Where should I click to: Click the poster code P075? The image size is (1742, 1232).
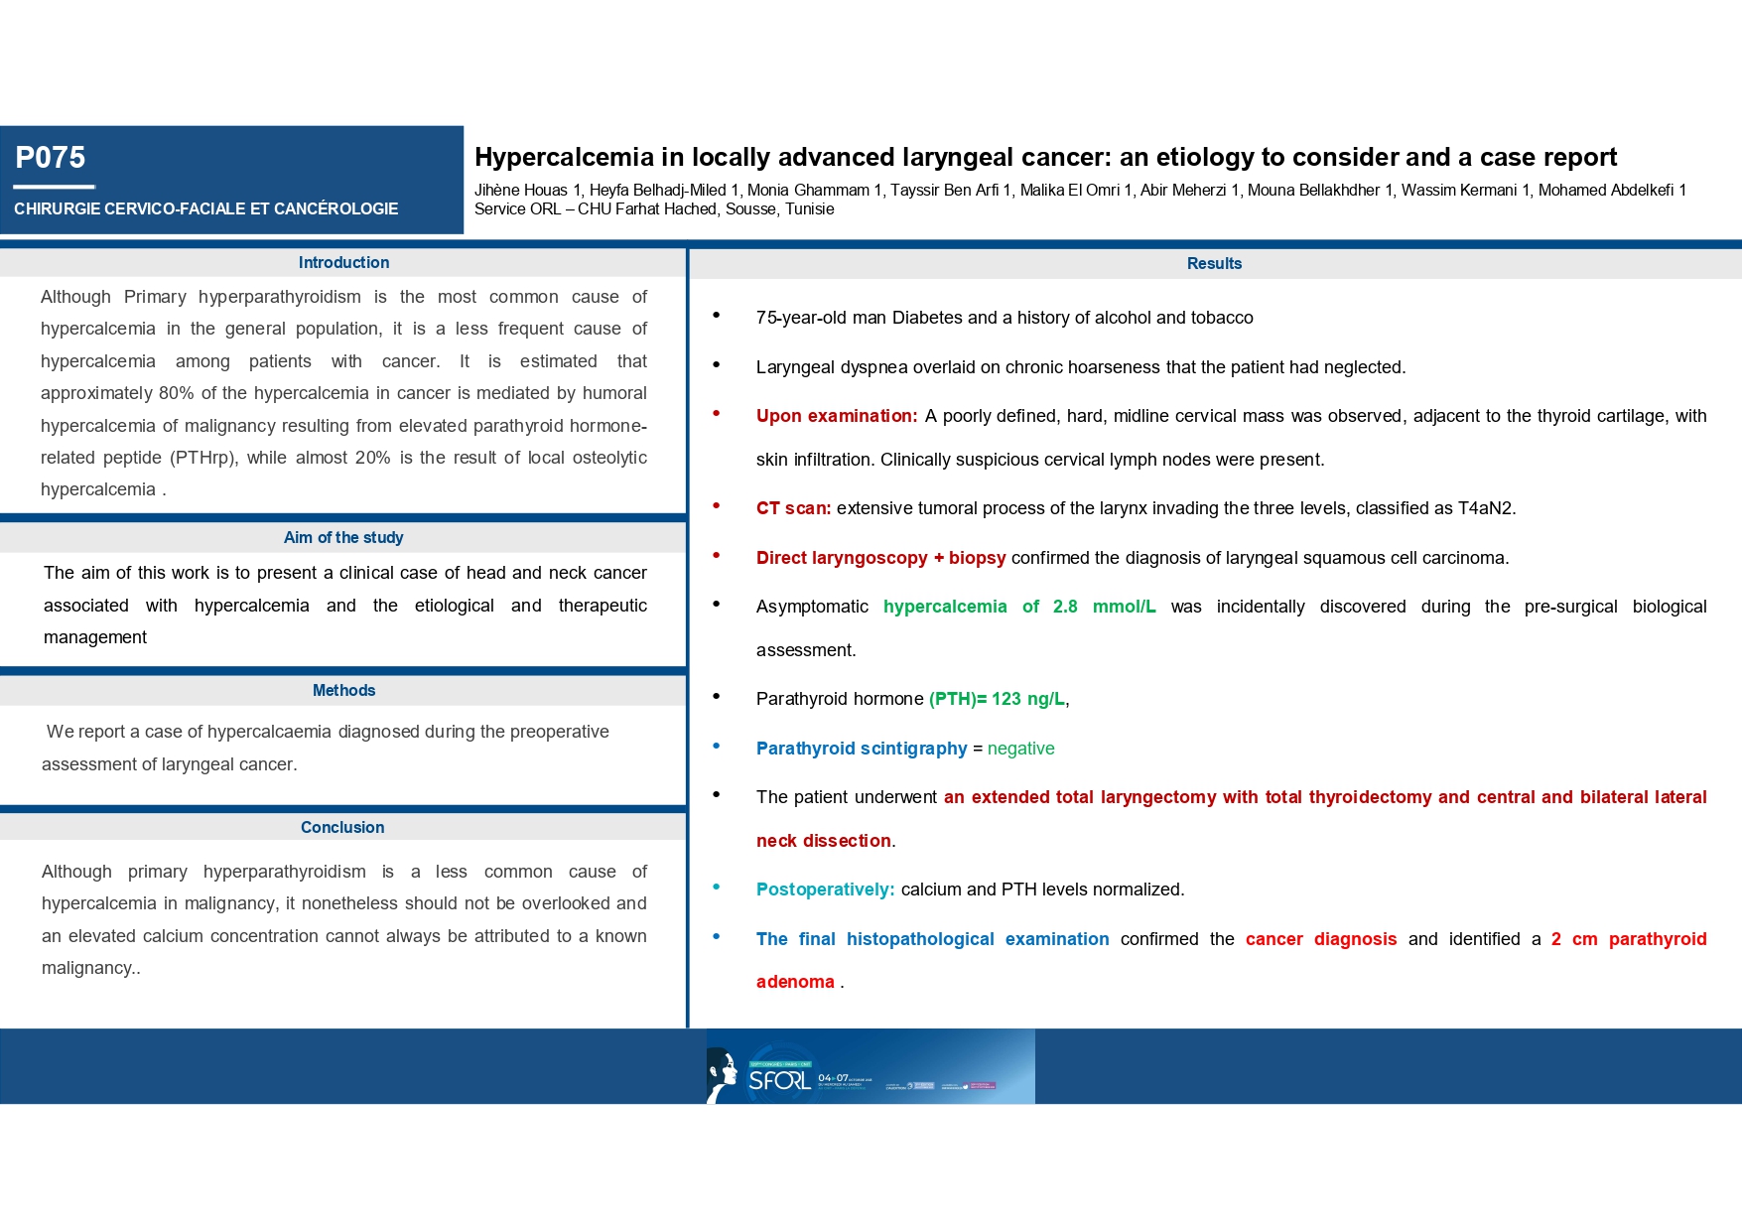51,158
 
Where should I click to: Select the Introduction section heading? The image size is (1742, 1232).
343,263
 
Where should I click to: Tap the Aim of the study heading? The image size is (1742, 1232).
343,538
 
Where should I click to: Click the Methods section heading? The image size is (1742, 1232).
343,691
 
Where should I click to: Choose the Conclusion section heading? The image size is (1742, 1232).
342,828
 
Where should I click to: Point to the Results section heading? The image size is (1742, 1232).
1214,264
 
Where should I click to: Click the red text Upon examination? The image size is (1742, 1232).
836,417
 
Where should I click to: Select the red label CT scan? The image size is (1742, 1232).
793,509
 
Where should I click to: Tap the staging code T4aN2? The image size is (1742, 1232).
1485,509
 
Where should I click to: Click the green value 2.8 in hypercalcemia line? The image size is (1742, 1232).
1065,607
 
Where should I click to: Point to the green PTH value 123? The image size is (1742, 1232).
1005,700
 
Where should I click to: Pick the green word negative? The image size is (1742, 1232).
1020,749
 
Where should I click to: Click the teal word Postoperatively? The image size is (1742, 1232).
825,890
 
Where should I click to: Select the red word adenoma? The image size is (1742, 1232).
795,983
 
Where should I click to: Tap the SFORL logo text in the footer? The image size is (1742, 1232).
779,1080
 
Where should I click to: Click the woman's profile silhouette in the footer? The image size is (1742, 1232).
723,1076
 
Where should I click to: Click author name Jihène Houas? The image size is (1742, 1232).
521,191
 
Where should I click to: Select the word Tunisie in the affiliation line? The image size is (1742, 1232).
809,209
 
